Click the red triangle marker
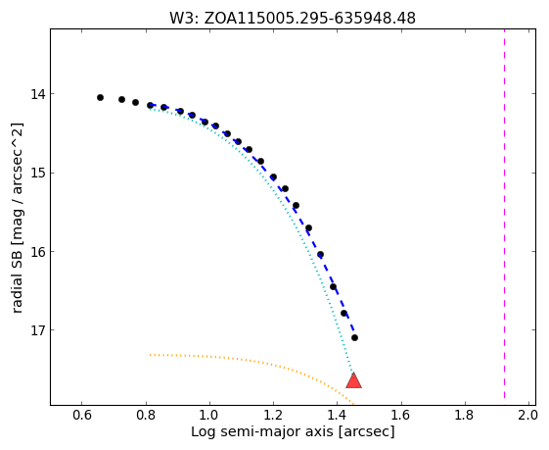(353, 381)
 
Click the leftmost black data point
(100, 97)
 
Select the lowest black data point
(354, 338)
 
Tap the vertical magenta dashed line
(504, 214)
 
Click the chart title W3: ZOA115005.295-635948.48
(293, 18)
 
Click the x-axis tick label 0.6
(82, 416)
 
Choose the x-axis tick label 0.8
(146, 416)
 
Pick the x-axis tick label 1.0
(209, 416)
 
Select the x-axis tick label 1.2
(273, 416)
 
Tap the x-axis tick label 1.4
(337, 416)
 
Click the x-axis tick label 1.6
(401, 416)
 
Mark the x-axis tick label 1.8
(465, 416)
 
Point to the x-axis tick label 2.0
(527, 416)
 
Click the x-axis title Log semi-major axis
(262, 432)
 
